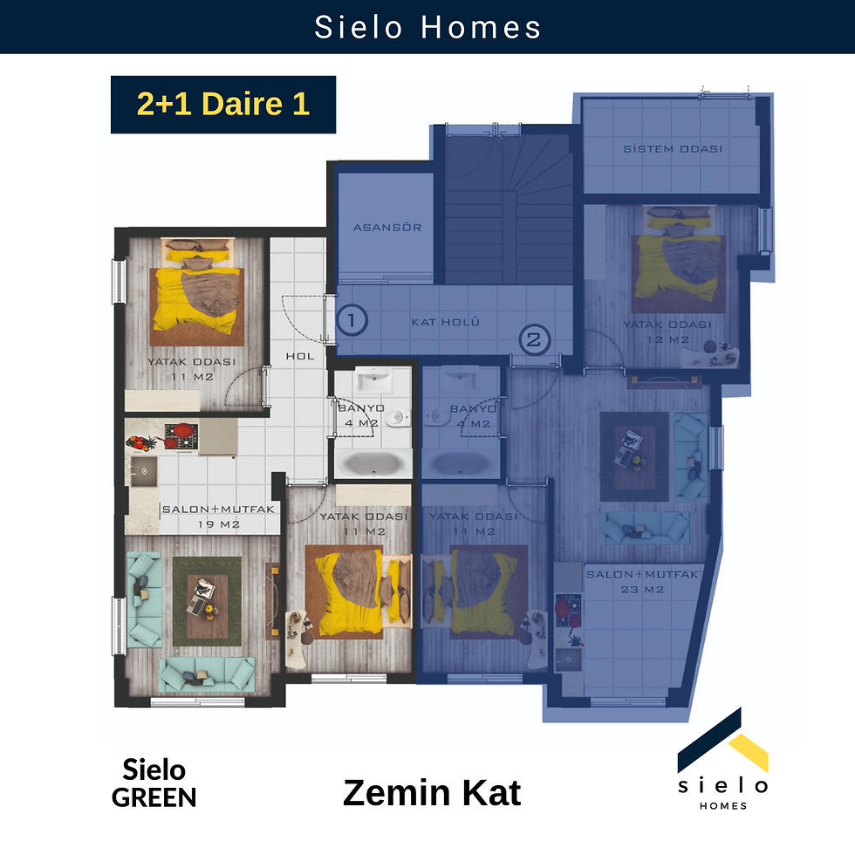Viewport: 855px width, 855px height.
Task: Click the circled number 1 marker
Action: (352, 320)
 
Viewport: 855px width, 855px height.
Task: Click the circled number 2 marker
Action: (534, 339)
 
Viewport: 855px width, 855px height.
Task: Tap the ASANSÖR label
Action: (387, 228)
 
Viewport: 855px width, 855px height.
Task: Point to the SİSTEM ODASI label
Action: (673, 149)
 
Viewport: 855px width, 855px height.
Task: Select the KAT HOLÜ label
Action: (446, 322)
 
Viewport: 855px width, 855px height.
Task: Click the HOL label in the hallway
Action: (300, 356)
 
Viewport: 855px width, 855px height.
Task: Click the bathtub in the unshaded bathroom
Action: (373, 463)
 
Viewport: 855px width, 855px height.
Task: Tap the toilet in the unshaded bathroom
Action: (396, 418)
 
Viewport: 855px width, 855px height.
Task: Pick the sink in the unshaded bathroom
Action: (373, 380)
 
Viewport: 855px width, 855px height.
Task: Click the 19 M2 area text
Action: (219, 524)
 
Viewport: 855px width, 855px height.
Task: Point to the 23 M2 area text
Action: (642, 590)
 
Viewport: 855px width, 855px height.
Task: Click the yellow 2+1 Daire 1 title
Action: (223, 104)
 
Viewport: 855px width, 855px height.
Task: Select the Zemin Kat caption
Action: (432, 792)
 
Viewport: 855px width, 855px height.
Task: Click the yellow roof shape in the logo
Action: (749, 752)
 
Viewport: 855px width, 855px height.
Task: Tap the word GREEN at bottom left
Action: (154, 797)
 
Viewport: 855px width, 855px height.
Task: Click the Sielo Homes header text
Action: (427, 27)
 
